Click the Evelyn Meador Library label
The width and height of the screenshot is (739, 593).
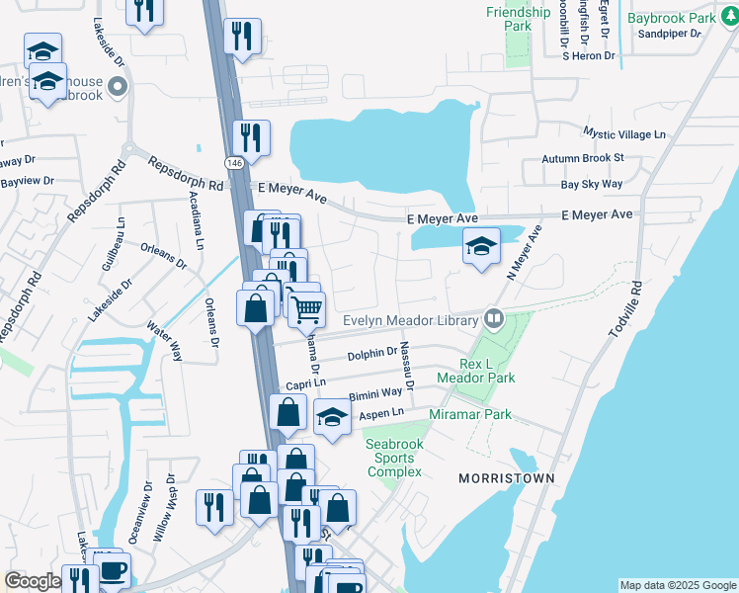pyautogui.click(x=410, y=319)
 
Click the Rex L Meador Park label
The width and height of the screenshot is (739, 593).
pyautogui.click(x=487, y=370)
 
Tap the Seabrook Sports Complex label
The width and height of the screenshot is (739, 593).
pyautogui.click(x=394, y=458)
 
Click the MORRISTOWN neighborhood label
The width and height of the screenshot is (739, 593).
pyautogui.click(x=506, y=478)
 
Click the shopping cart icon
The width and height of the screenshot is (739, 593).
pyautogui.click(x=306, y=309)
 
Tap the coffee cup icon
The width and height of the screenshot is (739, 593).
pyautogui.click(x=113, y=571)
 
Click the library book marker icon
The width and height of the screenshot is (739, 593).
pyautogui.click(x=493, y=318)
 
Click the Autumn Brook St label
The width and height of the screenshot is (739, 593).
pyautogui.click(x=583, y=158)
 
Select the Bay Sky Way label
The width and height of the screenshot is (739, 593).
pyautogui.click(x=592, y=184)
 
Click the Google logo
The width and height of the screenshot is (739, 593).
pyautogui.click(x=33, y=581)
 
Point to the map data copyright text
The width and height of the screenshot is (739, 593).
pyautogui.click(x=678, y=585)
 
